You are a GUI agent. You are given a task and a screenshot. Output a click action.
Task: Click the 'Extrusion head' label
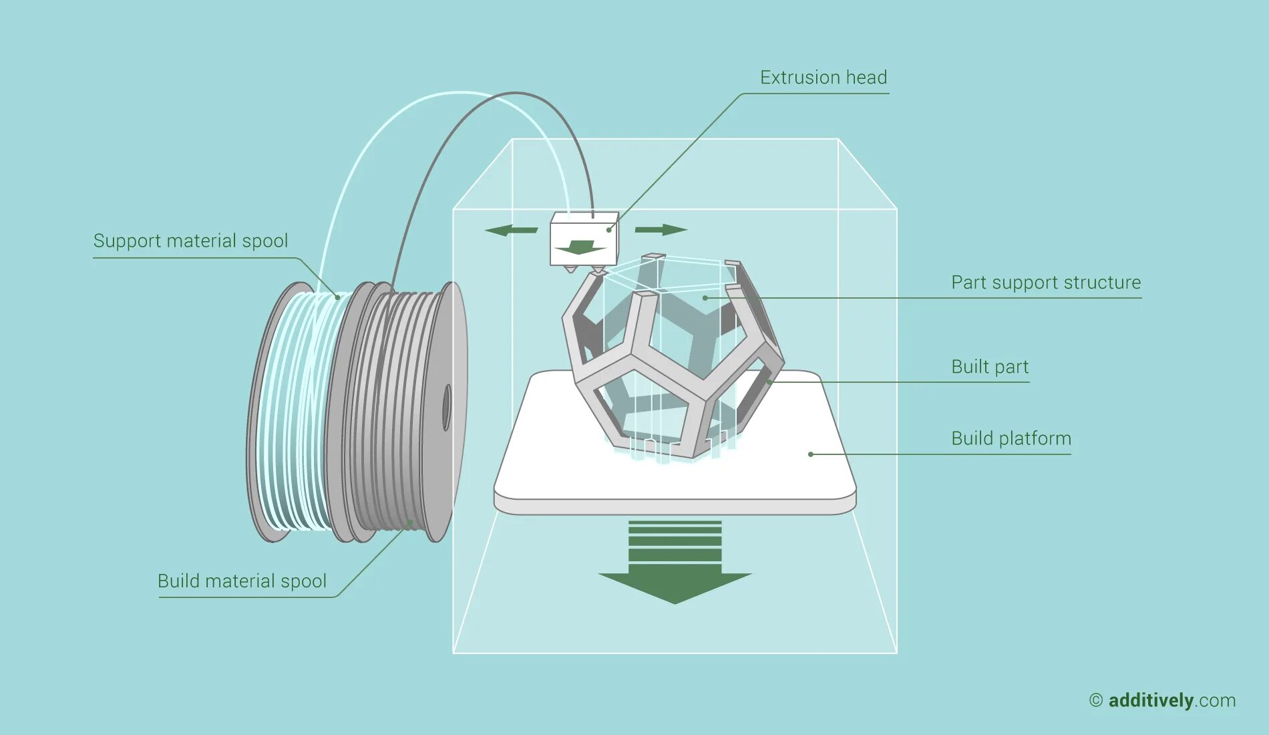[823, 78]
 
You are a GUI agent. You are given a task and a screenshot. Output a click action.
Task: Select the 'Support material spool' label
[190, 241]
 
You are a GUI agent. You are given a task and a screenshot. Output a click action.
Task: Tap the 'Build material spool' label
[242, 581]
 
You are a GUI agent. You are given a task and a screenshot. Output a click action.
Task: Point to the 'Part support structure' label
[1045, 282]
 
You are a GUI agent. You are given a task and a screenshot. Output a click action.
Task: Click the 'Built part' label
[989, 367]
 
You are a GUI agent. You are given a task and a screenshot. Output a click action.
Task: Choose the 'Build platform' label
[1011, 438]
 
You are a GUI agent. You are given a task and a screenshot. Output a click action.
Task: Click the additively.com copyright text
[1162, 700]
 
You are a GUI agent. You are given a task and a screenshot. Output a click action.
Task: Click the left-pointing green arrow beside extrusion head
[511, 231]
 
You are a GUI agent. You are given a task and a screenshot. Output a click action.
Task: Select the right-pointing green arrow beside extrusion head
[661, 230]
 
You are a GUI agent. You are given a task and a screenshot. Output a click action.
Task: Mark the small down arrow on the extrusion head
[580, 247]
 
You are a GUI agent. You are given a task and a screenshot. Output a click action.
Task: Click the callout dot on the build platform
[810, 454]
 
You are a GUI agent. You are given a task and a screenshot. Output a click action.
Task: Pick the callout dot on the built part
[769, 382]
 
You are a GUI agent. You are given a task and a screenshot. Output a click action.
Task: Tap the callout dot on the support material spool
[337, 297]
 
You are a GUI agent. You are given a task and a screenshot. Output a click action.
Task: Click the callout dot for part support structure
[705, 298]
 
